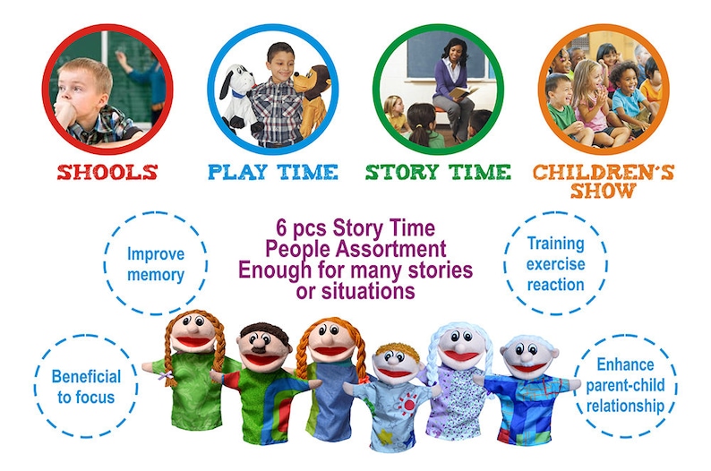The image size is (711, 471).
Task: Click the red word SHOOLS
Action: pyautogui.click(x=107, y=172)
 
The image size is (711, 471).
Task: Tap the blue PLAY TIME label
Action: pyautogui.click(x=272, y=172)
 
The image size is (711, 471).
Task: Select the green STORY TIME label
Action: pyautogui.click(x=438, y=172)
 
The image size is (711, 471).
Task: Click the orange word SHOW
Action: pyautogui.click(x=605, y=191)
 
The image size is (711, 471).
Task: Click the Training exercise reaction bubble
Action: pyautogui.click(x=554, y=263)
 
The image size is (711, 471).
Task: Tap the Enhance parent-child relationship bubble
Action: pyautogui.click(x=626, y=386)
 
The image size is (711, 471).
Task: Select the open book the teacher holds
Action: pyautogui.click(x=458, y=92)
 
